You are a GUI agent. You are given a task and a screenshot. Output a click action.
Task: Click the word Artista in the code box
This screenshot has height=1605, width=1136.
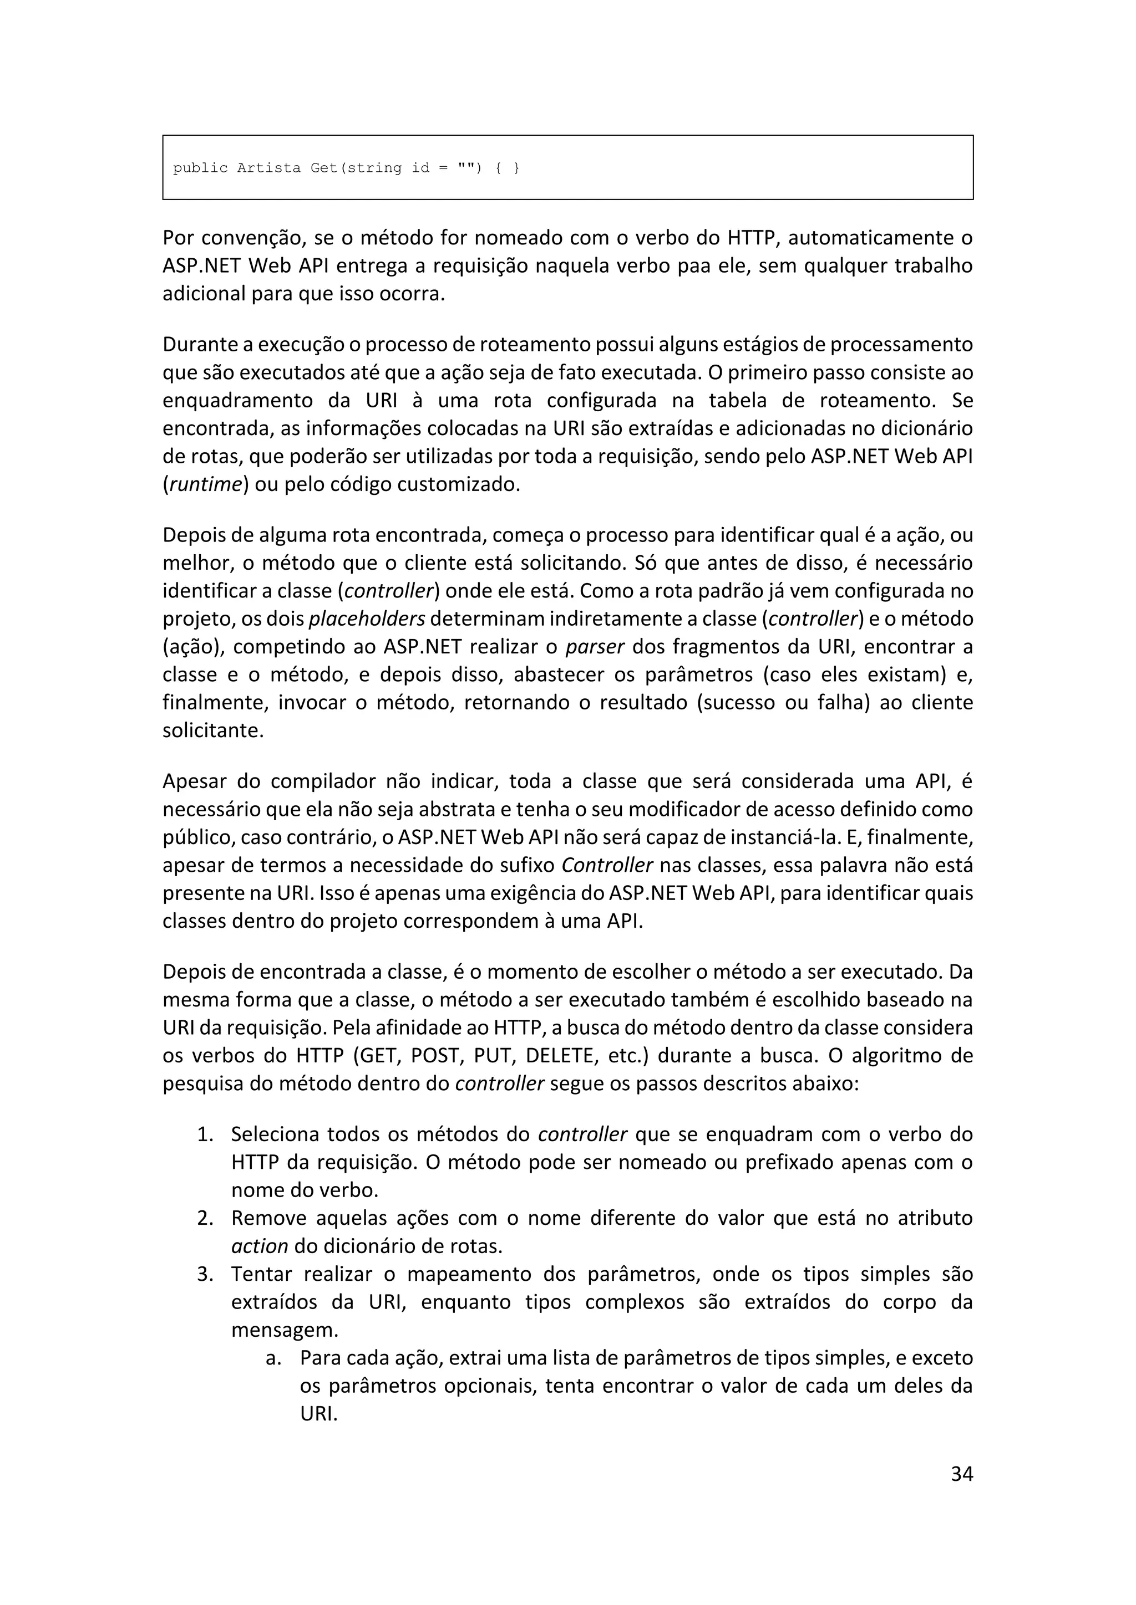pos(268,168)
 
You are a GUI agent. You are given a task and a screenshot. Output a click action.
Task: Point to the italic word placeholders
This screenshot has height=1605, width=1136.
pos(367,619)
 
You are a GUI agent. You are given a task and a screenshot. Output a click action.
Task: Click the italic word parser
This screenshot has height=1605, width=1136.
pos(595,647)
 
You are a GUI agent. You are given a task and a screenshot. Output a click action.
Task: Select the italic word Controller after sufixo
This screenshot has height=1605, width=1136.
pos(606,866)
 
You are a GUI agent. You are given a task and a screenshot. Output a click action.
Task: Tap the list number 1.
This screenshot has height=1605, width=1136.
pos(204,1134)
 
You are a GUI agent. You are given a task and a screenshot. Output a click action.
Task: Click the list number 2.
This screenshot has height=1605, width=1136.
pos(204,1218)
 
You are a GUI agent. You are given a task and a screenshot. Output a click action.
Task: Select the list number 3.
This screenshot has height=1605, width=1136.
pos(204,1274)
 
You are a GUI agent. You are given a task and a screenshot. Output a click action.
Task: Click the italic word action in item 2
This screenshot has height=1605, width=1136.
pos(260,1246)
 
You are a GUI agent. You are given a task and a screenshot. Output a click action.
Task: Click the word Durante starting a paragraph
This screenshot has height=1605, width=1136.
pos(201,345)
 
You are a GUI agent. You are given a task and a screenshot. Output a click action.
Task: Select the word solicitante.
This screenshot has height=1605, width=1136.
pos(212,730)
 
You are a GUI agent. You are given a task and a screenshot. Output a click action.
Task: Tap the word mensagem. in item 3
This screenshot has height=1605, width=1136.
pos(285,1330)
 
